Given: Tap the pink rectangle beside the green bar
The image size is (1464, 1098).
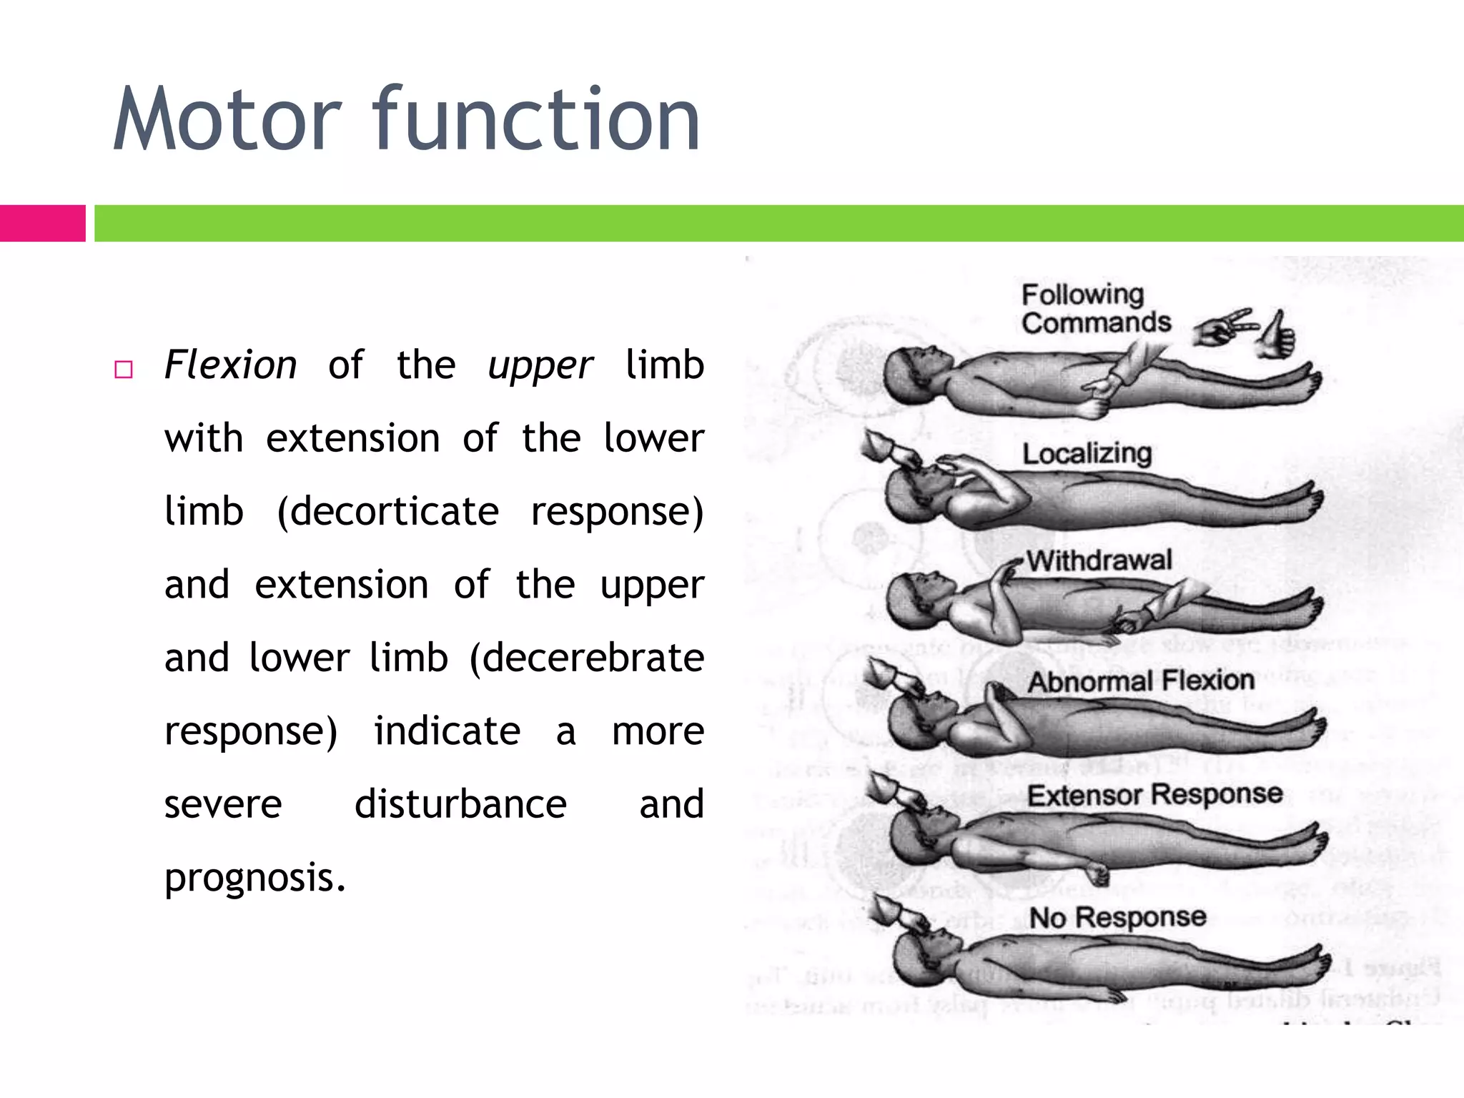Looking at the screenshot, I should click(x=42, y=223).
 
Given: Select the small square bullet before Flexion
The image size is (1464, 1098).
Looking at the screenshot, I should click(x=124, y=370).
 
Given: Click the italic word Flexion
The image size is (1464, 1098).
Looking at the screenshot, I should click(x=230, y=365).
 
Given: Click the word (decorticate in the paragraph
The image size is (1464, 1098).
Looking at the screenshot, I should click(x=388, y=512).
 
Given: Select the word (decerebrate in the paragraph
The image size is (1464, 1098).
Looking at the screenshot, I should click(x=587, y=658).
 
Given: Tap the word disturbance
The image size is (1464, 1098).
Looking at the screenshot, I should click(x=460, y=804).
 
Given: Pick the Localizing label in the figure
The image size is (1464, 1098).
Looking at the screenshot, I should click(x=1087, y=453).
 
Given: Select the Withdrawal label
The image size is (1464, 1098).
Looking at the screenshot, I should click(x=1099, y=560).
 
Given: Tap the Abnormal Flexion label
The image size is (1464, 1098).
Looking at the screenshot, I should click(x=1141, y=681).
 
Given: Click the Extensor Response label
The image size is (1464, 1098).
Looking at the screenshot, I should click(x=1154, y=794).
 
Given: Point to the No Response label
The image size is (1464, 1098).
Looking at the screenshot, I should click(x=1117, y=917).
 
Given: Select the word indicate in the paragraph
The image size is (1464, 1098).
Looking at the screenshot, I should click(x=447, y=731).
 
